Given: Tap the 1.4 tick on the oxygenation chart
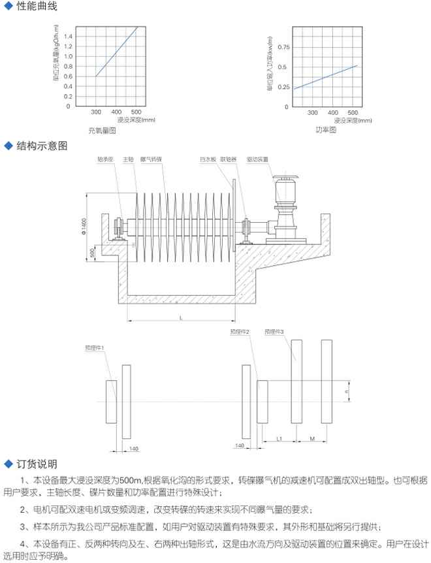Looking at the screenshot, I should click(69, 36).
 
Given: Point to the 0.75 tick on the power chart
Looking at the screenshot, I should click(283, 48).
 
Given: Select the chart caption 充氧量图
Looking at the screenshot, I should click(102, 131).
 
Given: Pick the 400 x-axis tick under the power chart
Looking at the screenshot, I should click(332, 112).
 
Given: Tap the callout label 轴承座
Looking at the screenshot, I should click(106, 159).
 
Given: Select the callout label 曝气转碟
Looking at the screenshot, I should click(152, 159).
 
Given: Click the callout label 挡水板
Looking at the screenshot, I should click(207, 159).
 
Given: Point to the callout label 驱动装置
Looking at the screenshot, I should click(257, 159).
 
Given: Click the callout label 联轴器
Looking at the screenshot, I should click(228, 159).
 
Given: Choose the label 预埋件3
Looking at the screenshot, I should click(274, 332).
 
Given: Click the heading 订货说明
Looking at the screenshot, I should click(37, 464).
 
